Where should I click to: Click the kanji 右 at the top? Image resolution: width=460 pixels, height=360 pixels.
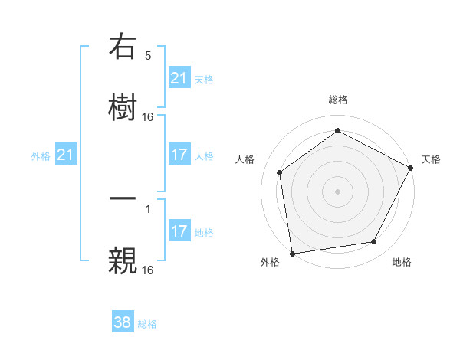[123, 49]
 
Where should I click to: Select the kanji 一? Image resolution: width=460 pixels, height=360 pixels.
[123, 201]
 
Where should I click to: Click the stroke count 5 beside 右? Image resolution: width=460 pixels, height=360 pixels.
[148, 56]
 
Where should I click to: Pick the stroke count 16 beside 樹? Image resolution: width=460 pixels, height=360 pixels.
[148, 116]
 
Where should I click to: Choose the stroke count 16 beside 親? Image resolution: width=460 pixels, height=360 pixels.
[148, 270]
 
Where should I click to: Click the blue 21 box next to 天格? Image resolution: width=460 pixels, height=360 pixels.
[179, 78]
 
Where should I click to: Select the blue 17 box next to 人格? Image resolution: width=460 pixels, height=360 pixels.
[179, 155]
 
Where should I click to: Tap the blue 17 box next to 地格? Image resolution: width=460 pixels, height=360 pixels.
[179, 231]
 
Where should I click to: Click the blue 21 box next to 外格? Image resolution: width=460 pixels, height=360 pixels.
[66, 155]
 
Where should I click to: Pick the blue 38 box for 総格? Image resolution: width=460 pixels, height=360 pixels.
[123, 322]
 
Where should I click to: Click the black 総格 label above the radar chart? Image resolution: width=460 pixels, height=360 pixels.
[337, 100]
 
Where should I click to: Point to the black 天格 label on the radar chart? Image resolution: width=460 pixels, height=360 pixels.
[431, 159]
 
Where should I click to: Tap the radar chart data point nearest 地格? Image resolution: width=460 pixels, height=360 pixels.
[374, 242]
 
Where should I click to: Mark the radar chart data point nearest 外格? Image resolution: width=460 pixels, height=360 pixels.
[292, 253]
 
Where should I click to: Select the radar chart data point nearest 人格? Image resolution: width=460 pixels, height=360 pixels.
[280, 172]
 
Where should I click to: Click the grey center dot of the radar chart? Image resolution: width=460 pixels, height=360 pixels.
[337, 191]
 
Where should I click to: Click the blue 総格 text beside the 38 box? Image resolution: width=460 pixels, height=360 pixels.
[147, 324]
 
